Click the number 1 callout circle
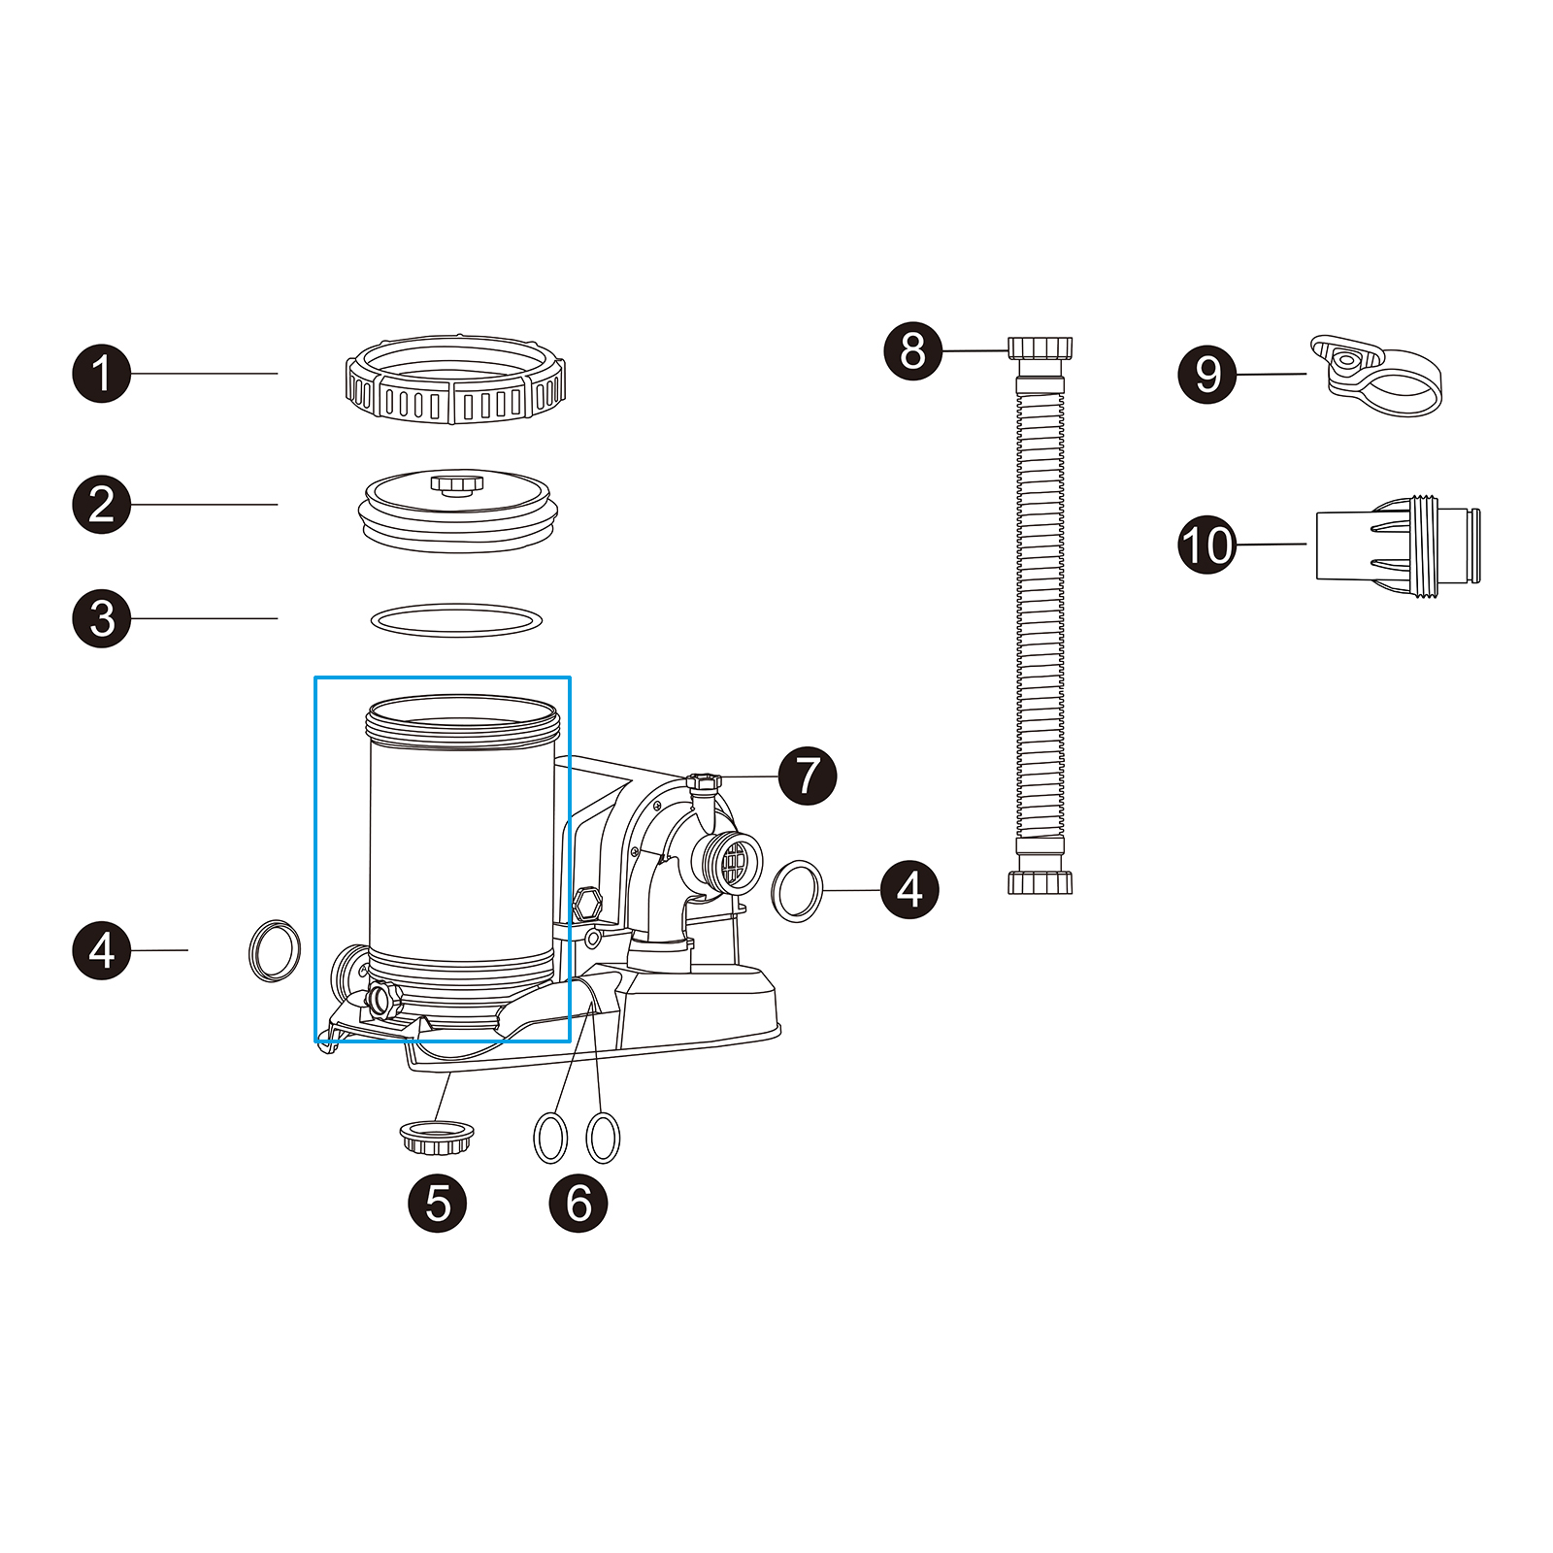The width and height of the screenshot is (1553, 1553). point(102,373)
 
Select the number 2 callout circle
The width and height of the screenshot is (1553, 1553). point(102,504)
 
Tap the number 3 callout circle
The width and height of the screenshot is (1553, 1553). point(102,618)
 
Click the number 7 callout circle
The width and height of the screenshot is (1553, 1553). point(808,776)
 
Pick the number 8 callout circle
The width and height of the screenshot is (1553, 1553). point(912,350)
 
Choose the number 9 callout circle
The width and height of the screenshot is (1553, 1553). point(1206,374)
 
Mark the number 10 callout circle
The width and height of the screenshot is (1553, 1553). point(1206,545)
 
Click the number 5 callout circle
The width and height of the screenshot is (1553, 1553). point(438,1204)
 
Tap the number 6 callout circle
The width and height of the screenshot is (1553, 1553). point(578,1204)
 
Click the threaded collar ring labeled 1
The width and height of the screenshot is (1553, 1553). point(455,380)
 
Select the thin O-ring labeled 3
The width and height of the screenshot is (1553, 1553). point(456,619)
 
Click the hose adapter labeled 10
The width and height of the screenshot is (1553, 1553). point(1398,546)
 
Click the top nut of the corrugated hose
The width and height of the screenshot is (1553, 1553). point(1041,347)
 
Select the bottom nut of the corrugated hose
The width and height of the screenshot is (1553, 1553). point(1041,882)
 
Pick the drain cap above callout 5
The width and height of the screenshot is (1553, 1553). point(438,1136)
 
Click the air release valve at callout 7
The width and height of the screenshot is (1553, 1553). point(705,782)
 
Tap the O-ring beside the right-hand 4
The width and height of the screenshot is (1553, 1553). point(797,890)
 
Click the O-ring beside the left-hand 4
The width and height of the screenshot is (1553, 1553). point(275,950)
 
